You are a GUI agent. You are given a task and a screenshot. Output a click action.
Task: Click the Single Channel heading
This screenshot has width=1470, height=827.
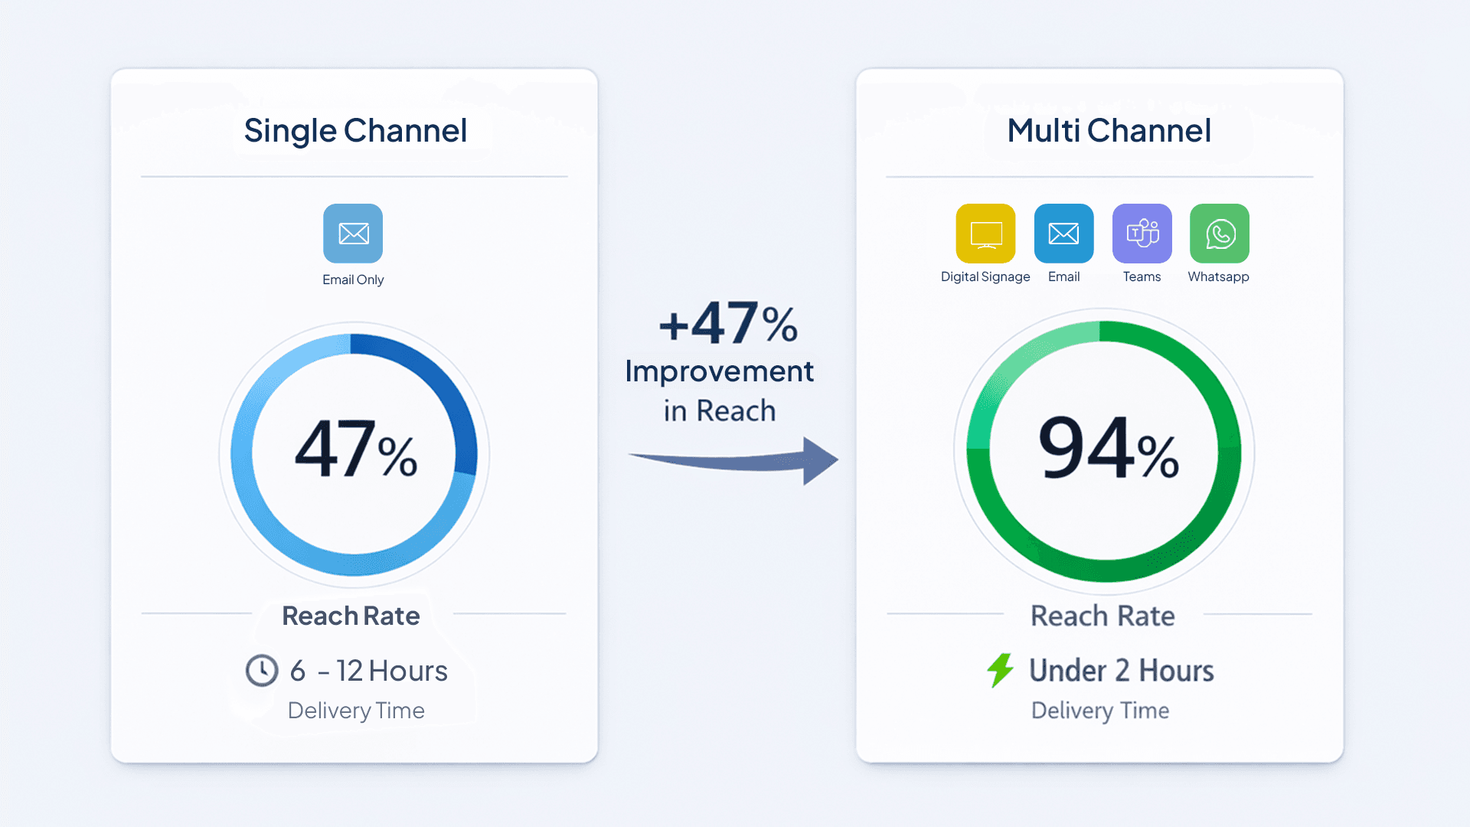coord(355,131)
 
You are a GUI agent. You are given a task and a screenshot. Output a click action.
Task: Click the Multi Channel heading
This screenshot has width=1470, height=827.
coord(1109,131)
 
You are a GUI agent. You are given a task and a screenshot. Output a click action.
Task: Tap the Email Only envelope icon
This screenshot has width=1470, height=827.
coord(353,233)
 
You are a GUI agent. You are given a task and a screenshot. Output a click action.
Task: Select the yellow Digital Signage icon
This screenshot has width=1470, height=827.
coord(985,233)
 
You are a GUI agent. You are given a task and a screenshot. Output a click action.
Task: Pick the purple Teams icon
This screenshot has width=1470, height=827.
coord(1142,233)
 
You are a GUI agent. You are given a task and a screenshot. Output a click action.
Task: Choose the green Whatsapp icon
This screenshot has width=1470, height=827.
coord(1219,233)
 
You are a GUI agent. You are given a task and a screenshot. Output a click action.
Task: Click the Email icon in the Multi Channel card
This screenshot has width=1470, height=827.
coord(1063,233)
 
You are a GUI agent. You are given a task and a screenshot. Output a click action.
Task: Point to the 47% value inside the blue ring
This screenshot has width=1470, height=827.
coord(356,450)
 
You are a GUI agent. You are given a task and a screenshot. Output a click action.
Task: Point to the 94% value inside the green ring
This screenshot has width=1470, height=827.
coord(1108,449)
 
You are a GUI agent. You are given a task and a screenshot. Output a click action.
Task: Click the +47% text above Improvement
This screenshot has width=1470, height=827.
coord(728,324)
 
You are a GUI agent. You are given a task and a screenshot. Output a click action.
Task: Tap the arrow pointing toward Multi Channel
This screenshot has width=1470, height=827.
coord(735,460)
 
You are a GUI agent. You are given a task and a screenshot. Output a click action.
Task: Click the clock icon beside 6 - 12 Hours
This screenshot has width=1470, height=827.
coord(262,671)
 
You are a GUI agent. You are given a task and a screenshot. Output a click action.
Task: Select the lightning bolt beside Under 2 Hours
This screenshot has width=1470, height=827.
coord(1000,670)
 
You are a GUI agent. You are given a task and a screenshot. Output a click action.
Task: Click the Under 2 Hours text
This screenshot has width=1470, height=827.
coord(1121,671)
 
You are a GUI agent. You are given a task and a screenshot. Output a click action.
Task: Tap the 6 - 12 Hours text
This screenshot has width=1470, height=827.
coord(368,672)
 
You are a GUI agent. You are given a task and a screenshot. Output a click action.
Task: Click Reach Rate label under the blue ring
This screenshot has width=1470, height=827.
coord(351,616)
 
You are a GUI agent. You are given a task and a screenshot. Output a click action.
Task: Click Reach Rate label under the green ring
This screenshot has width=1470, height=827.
coord(1102,616)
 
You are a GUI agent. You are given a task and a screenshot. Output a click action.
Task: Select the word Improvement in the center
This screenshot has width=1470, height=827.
coord(719,371)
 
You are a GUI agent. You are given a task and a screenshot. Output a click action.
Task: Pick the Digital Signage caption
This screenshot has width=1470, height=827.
coord(985,276)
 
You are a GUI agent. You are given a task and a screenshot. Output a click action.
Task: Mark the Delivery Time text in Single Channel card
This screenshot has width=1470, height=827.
coord(356,711)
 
